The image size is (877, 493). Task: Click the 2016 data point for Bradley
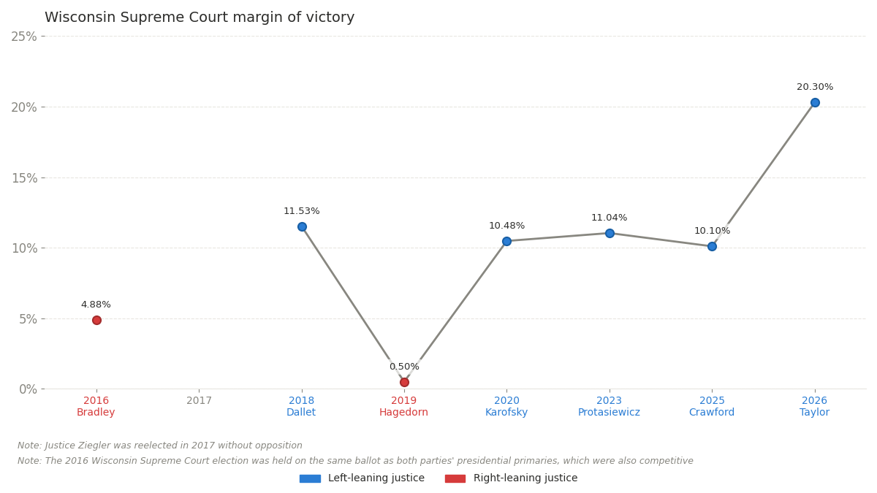click(96, 320)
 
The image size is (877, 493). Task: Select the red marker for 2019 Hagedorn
click(404, 382)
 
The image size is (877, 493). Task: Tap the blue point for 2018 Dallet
click(302, 226)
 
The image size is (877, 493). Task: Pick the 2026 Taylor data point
click(815, 102)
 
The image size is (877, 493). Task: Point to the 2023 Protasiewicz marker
click(610, 233)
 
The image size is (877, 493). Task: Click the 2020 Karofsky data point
click(506, 241)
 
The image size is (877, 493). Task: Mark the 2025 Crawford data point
click(712, 246)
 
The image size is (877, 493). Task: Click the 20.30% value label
click(815, 87)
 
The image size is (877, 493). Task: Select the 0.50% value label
click(404, 367)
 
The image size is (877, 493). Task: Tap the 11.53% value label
click(302, 211)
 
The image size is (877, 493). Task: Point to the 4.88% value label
click(96, 305)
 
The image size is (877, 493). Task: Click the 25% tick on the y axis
click(24, 37)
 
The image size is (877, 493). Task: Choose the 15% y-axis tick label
click(24, 177)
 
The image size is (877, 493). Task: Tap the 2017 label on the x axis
click(199, 400)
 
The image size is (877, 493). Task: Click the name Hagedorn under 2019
click(403, 413)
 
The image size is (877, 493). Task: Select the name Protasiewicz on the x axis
click(609, 413)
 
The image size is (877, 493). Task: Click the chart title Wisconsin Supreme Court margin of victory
click(200, 18)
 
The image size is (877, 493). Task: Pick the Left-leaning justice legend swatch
click(310, 478)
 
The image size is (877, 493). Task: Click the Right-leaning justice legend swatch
click(455, 478)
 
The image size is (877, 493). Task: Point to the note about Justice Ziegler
click(160, 446)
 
